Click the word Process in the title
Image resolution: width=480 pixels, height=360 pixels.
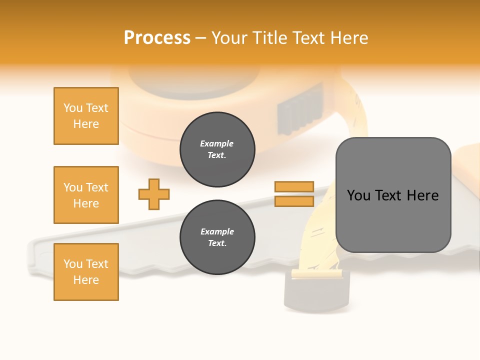click(157, 38)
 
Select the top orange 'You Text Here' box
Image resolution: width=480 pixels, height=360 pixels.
click(86, 116)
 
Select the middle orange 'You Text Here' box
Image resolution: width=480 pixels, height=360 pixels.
click(86, 195)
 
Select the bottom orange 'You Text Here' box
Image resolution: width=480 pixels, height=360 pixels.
click(86, 272)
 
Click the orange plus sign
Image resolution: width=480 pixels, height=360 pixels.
click(154, 194)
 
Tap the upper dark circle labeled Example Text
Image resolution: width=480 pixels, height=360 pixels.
click(217, 149)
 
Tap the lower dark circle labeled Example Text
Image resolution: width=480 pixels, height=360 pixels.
click(217, 237)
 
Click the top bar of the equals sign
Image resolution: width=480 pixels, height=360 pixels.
click(294, 186)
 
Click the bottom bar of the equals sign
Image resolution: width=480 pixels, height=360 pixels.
click(294, 201)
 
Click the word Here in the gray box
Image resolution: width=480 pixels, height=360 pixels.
click(422, 195)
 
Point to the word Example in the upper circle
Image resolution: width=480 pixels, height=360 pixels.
click(217, 143)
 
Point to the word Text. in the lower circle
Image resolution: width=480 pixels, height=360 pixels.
click(217, 243)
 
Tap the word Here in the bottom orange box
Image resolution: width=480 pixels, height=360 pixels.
click(86, 280)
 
